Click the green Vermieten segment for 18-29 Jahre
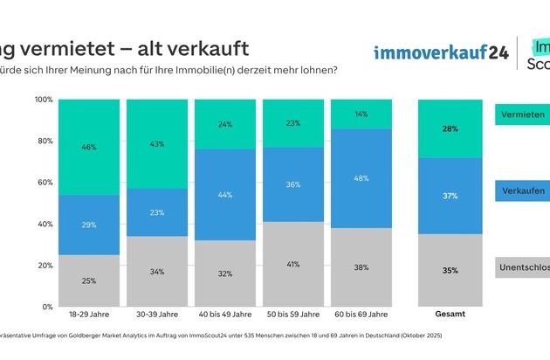(x=88, y=147)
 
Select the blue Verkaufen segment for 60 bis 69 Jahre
(x=361, y=178)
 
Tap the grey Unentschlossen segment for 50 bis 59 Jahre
(x=293, y=265)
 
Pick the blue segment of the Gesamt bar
(x=450, y=196)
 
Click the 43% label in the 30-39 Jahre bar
(x=156, y=143)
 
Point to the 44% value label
(x=225, y=195)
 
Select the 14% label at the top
(x=361, y=114)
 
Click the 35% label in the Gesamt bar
(x=450, y=271)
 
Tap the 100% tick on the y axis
(x=44, y=100)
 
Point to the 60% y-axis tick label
(x=45, y=183)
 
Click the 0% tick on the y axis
(x=48, y=308)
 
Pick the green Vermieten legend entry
(x=522, y=114)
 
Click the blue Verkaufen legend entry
(x=522, y=190)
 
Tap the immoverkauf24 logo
(x=441, y=52)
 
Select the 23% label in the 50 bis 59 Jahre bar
(x=293, y=123)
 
